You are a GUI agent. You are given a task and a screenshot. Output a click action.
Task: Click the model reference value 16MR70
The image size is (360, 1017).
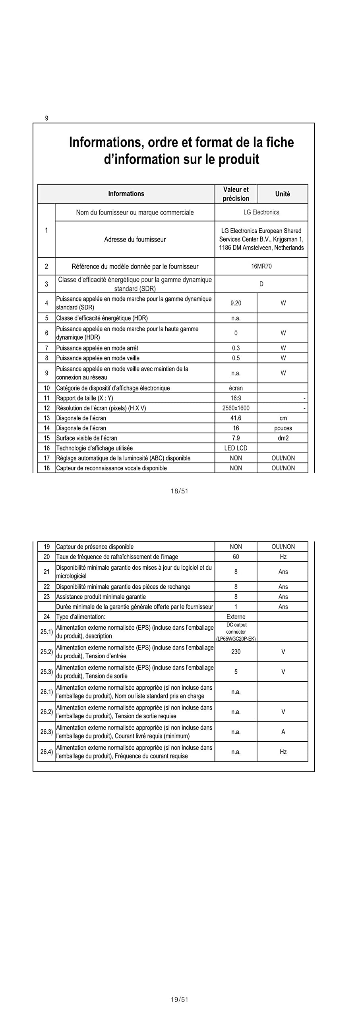click(x=261, y=266)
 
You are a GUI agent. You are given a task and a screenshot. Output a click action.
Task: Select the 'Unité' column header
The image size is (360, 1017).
click(x=282, y=194)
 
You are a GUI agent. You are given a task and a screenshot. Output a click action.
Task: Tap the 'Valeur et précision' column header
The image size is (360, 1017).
click(x=236, y=194)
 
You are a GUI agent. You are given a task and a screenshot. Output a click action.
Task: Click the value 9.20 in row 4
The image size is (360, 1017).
click(x=236, y=303)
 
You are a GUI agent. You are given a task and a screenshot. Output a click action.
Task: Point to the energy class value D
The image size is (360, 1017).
click(x=261, y=284)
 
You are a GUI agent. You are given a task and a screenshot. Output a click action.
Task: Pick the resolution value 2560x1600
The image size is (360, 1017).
click(x=236, y=408)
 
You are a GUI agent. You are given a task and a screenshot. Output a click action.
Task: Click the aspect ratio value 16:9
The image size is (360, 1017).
click(x=236, y=398)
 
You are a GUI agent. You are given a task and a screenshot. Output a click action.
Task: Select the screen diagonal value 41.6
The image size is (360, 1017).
click(x=236, y=418)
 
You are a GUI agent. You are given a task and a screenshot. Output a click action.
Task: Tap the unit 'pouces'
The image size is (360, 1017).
click(x=283, y=428)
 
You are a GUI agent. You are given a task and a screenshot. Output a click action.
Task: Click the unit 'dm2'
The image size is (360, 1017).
click(x=283, y=438)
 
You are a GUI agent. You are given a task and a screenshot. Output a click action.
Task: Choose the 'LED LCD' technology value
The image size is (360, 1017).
click(x=236, y=448)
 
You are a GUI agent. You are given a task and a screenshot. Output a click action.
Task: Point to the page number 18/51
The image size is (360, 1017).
click(x=179, y=491)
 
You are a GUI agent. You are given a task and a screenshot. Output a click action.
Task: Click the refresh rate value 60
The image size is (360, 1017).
click(x=236, y=557)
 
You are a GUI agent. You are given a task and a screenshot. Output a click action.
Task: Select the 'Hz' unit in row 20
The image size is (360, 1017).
click(x=283, y=557)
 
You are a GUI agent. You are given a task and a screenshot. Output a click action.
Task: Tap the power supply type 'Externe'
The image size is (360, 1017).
click(x=236, y=617)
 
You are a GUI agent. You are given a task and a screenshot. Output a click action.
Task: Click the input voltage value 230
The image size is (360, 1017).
click(x=236, y=652)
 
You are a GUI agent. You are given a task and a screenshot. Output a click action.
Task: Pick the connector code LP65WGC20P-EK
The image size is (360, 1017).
click(x=236, y=639)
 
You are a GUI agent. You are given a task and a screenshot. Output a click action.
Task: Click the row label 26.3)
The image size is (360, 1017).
click(x=46, y=732)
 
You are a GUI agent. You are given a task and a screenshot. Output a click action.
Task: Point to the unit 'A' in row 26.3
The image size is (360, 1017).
click(x=283, y=732)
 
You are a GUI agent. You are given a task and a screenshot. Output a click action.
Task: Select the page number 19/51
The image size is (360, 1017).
click(x=179, y=1000)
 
